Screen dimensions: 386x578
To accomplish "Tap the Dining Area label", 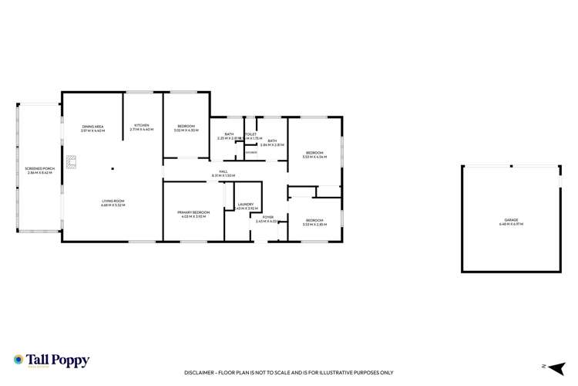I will (x=92, y=129).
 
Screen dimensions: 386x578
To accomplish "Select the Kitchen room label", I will (x=143, y=127).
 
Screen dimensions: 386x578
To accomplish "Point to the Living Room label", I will (x=113, y=203).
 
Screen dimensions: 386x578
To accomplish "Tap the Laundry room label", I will (x=247, y=206).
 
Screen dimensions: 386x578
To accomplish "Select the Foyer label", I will (x=267, y=219).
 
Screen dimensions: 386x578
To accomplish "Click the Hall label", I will (x=223, y=174).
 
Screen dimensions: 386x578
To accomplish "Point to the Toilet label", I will (x=250, y=137).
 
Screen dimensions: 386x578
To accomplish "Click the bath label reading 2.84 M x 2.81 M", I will (x=272, y=143).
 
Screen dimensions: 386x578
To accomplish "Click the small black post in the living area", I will (x=113, y=169).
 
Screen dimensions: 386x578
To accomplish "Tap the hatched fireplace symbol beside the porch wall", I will (x=72, y=161).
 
